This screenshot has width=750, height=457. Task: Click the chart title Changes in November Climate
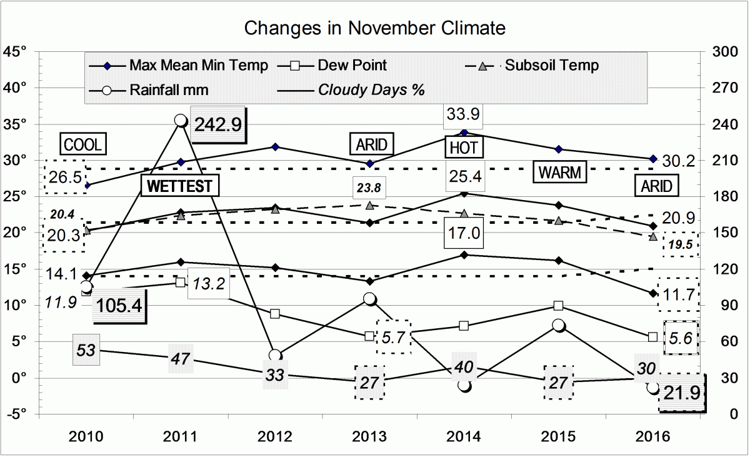(374, 28)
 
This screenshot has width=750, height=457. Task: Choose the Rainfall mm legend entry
(169, 89)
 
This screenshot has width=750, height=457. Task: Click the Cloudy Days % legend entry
(371, 89)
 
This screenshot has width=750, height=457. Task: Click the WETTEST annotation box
(181, 186)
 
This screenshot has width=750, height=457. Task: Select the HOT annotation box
(464, 148)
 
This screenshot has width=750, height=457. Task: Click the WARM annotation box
(560, 172)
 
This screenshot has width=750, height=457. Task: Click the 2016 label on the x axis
(652, 437)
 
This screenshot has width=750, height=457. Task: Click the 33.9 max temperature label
(463, 114)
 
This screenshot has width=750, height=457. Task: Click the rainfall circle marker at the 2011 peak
(181, 120)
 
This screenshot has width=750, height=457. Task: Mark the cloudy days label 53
(86, 349)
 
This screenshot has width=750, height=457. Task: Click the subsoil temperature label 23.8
(369, 186)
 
